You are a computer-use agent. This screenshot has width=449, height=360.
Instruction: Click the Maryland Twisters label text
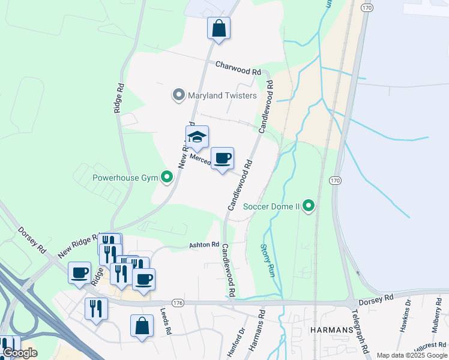coord(222,95)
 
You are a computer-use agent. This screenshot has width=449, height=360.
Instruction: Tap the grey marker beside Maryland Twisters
coord(178,95)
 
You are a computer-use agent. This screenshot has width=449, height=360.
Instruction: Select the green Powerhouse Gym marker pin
coord(167,177)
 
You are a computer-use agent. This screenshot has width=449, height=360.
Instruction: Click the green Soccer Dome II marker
coord(309,206)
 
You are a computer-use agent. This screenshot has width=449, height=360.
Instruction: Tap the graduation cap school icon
coord(196,138)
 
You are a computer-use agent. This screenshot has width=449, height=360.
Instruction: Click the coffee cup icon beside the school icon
coord(223,159)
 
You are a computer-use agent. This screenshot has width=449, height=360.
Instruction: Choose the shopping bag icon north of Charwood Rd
coord(218,28)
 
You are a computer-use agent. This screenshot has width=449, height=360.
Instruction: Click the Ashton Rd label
coord(205,245)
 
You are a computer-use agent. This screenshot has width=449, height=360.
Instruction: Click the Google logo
coord(20,353)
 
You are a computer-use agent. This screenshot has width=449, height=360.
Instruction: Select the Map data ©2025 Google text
coord(412,355)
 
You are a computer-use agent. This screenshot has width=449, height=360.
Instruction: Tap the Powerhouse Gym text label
coord(124,178)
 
